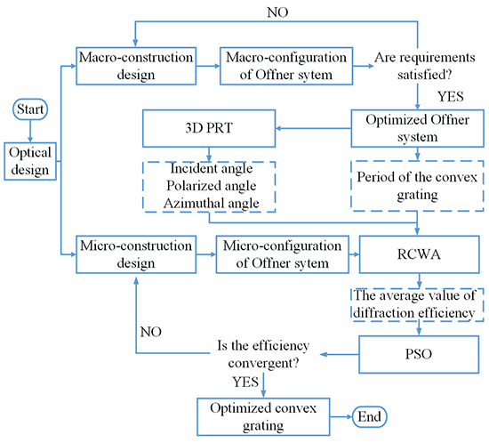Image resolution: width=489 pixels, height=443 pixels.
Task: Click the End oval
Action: [374, 416]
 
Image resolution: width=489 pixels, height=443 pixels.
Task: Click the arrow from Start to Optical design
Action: [30, 131]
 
